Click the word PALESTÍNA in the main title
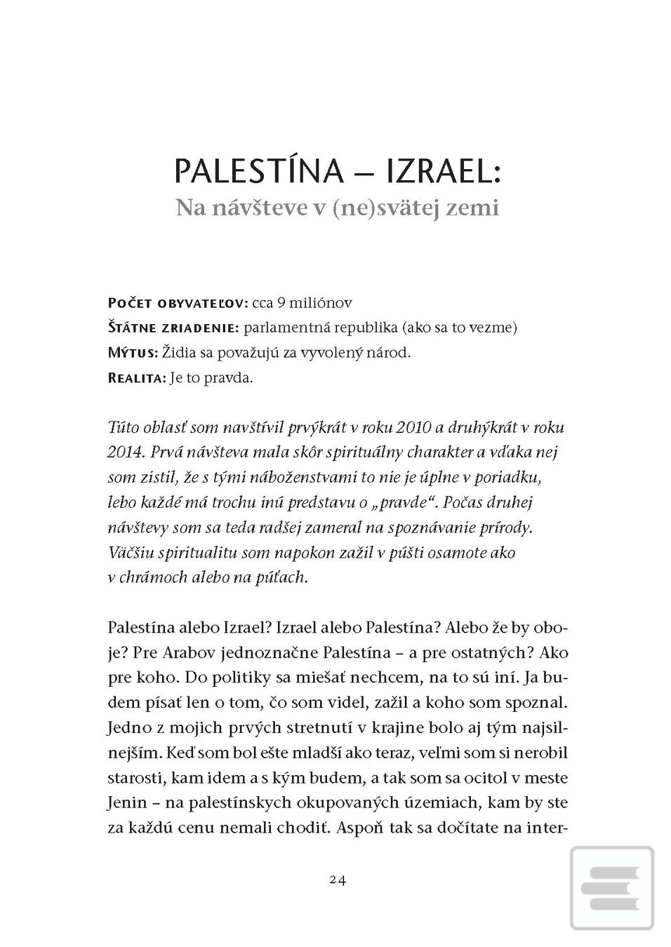pyautogui.click(x=258, y=171)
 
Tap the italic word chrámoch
pyautogui.click(x=152, y=577)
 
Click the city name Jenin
pyautogui.click(x=128, y=802)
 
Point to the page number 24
pyautogui.click(x=338, y=880)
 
